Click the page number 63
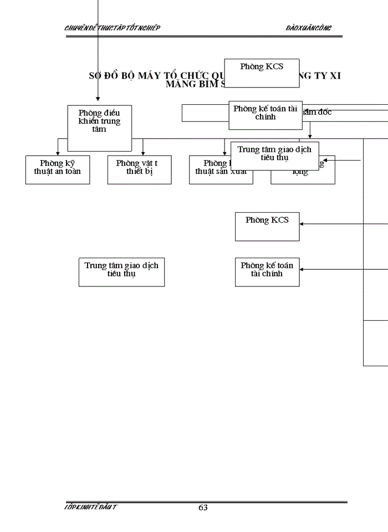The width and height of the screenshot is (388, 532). pos(203,508)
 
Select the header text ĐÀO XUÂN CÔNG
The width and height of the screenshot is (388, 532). pos(309,28)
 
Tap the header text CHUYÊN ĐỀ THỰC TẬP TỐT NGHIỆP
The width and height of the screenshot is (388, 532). pos(113,28)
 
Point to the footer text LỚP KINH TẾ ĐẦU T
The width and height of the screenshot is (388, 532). pos(91,507)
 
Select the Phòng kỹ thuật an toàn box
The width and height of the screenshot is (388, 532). pos(58,169)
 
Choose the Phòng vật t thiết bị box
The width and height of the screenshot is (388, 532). pos(139,169)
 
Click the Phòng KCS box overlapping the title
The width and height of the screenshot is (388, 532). pos(262,73)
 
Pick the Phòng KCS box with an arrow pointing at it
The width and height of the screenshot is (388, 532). pos(267,226)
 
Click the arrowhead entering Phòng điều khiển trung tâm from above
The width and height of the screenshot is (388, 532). pos(98,99)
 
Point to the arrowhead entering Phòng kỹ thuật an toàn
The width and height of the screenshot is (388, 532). pos(58,153)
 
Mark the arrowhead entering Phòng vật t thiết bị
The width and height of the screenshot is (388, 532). pos(143,153)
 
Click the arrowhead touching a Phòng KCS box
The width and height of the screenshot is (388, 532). pos(303,224)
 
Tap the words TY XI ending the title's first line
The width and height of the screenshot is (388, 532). pos(328,76)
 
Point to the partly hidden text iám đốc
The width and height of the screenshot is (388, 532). pos(318,112)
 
